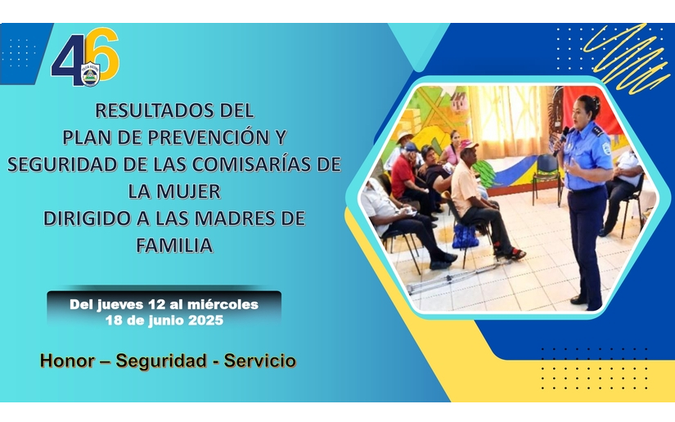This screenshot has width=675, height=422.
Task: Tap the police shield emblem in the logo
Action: pyautogui.click(x=90, y=74)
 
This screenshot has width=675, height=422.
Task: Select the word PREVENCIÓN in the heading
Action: pyautogui.click(x=209, y=137)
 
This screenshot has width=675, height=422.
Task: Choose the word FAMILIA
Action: pyautogui.click(x=174, y=245)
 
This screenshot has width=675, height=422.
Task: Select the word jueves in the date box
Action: pyautogui.click(x=119, y=304)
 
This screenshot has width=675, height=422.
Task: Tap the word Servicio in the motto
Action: pyautogui.click(x=260, y=361)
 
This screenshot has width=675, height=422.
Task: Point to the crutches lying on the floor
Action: pyautogui.click(x=452, y=277)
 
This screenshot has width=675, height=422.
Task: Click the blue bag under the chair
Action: pyautogui.click(x=465, y=236)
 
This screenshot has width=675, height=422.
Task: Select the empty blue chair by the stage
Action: pyautogui.click(x=547, y=177)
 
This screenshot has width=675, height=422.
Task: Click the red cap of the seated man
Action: pyautogui.click(x=468, y=145)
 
